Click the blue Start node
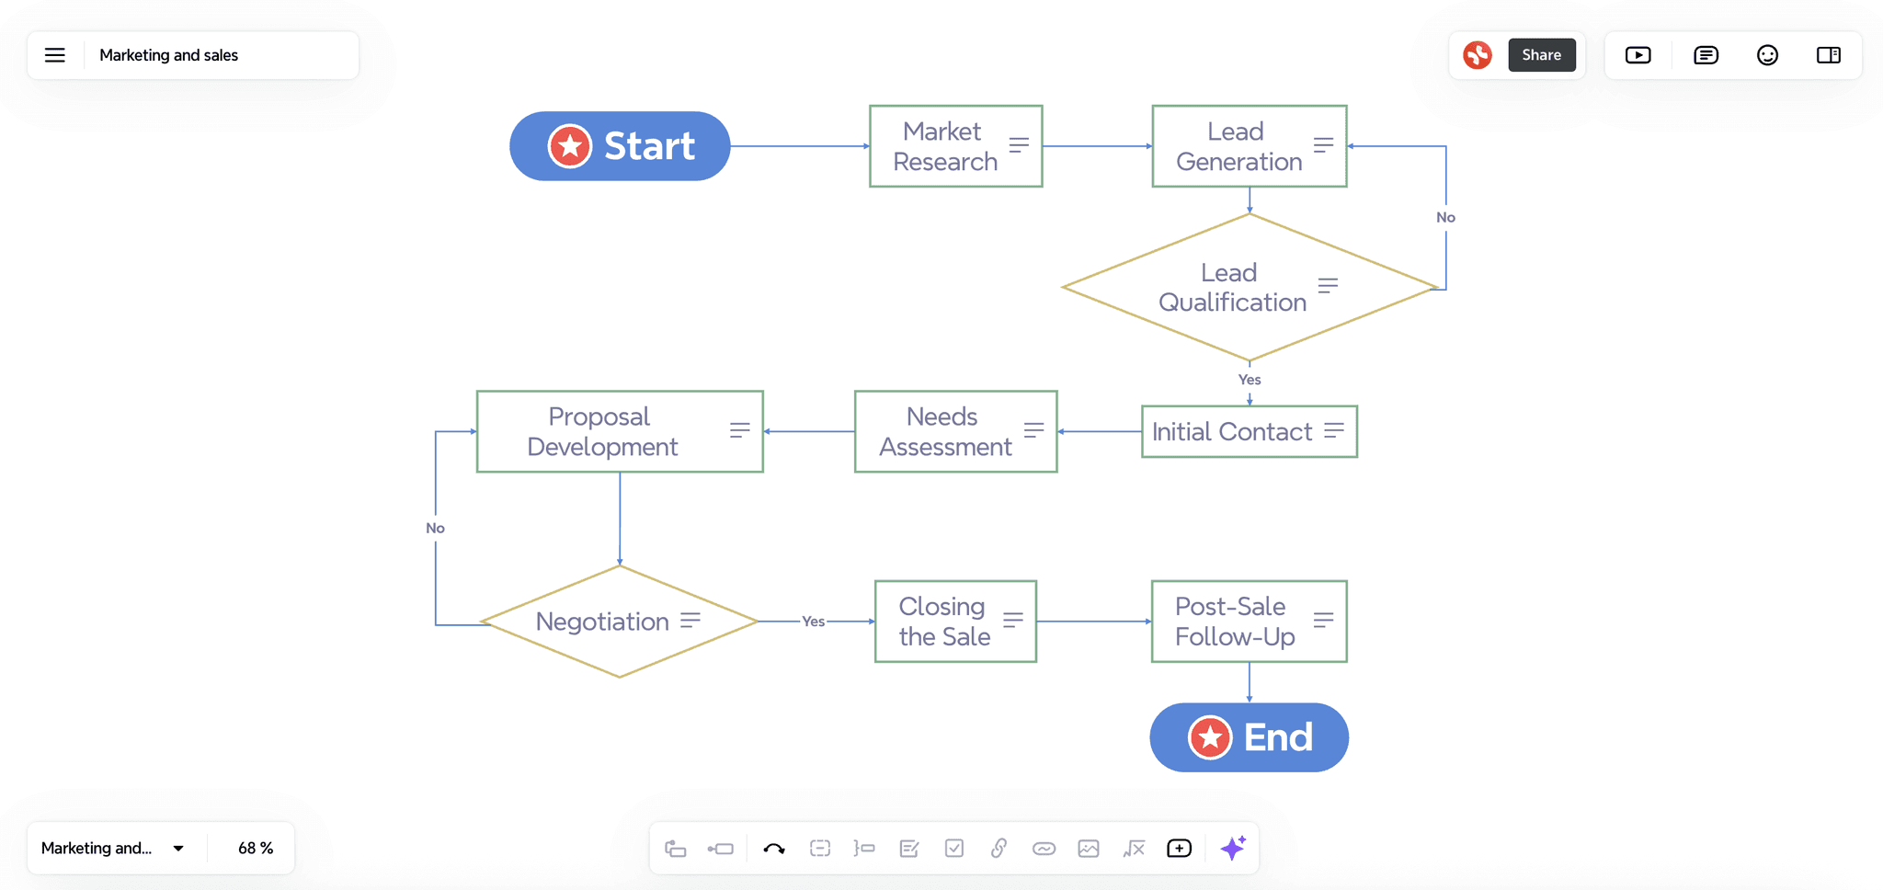click(x=620, y=146)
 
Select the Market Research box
click(x=955, y=146)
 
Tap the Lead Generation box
click(x=1249, y=146)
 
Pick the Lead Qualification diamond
click(x=1249, y=287)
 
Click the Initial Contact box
click(x=1249, y=431)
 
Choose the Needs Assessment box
click(x=955, y=431)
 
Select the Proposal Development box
click(x=619, y=431)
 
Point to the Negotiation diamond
click(x=619, y=622)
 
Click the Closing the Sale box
click(x=955, y=622)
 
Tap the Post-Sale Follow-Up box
click(x=1249, y=622)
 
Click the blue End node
click(x=1249, y=737)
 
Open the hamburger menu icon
click(x=55, y=55)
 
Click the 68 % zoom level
click(x=256, y=848)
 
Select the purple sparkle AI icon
click(x=1233, y=848)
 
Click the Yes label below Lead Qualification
click(x=1250, y=380)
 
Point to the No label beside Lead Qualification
click(x=1445, y=218)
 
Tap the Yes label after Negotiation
click(x=813, y=622)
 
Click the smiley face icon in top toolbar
click(x=1767, y=55)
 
